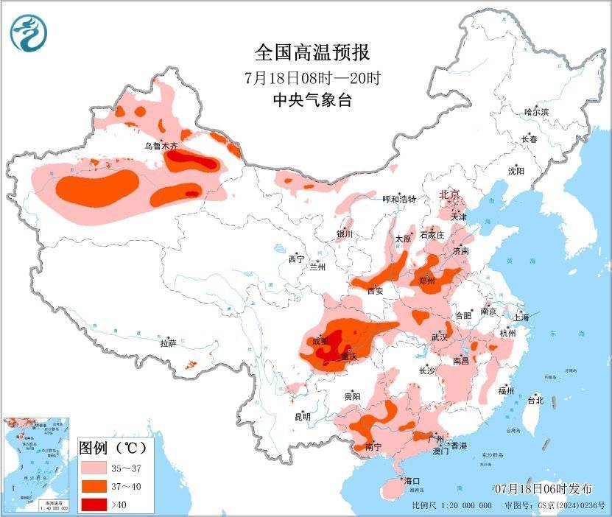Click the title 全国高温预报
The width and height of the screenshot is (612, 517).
coord(312,52)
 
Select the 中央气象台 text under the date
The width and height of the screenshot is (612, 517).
coord(312,101)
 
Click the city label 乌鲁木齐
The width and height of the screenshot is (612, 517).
coord(161,147)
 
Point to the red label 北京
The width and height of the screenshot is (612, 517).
coord(449,194)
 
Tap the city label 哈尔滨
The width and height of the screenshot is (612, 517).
coord(536,112)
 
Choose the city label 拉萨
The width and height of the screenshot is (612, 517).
coord(168,343)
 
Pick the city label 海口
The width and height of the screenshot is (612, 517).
coord(412,480)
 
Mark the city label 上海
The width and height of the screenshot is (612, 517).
coord(521,317)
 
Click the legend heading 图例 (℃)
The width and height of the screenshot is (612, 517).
coord(113,447)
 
